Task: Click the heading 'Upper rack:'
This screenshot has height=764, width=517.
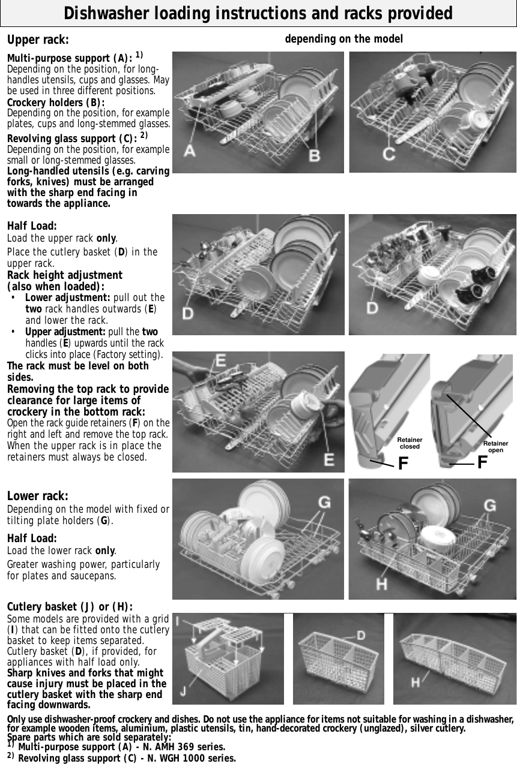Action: [37, 40]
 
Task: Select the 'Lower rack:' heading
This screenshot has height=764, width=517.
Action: [37, 496]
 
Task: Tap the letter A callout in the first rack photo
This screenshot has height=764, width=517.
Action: [190, 151]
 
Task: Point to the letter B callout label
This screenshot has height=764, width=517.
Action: [313, 155]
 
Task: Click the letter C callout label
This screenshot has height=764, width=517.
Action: [389, 154]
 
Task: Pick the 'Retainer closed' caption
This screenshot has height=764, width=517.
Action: [410, 443]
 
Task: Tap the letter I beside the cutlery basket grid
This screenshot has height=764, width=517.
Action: [177, 624]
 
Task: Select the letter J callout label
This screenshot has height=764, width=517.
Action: [182, 691]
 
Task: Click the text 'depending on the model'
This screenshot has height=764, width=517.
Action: [343, 39]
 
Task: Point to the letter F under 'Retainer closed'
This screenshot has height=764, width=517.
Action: [404, 464]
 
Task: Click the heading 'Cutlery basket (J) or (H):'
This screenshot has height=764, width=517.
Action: [70, 607]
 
